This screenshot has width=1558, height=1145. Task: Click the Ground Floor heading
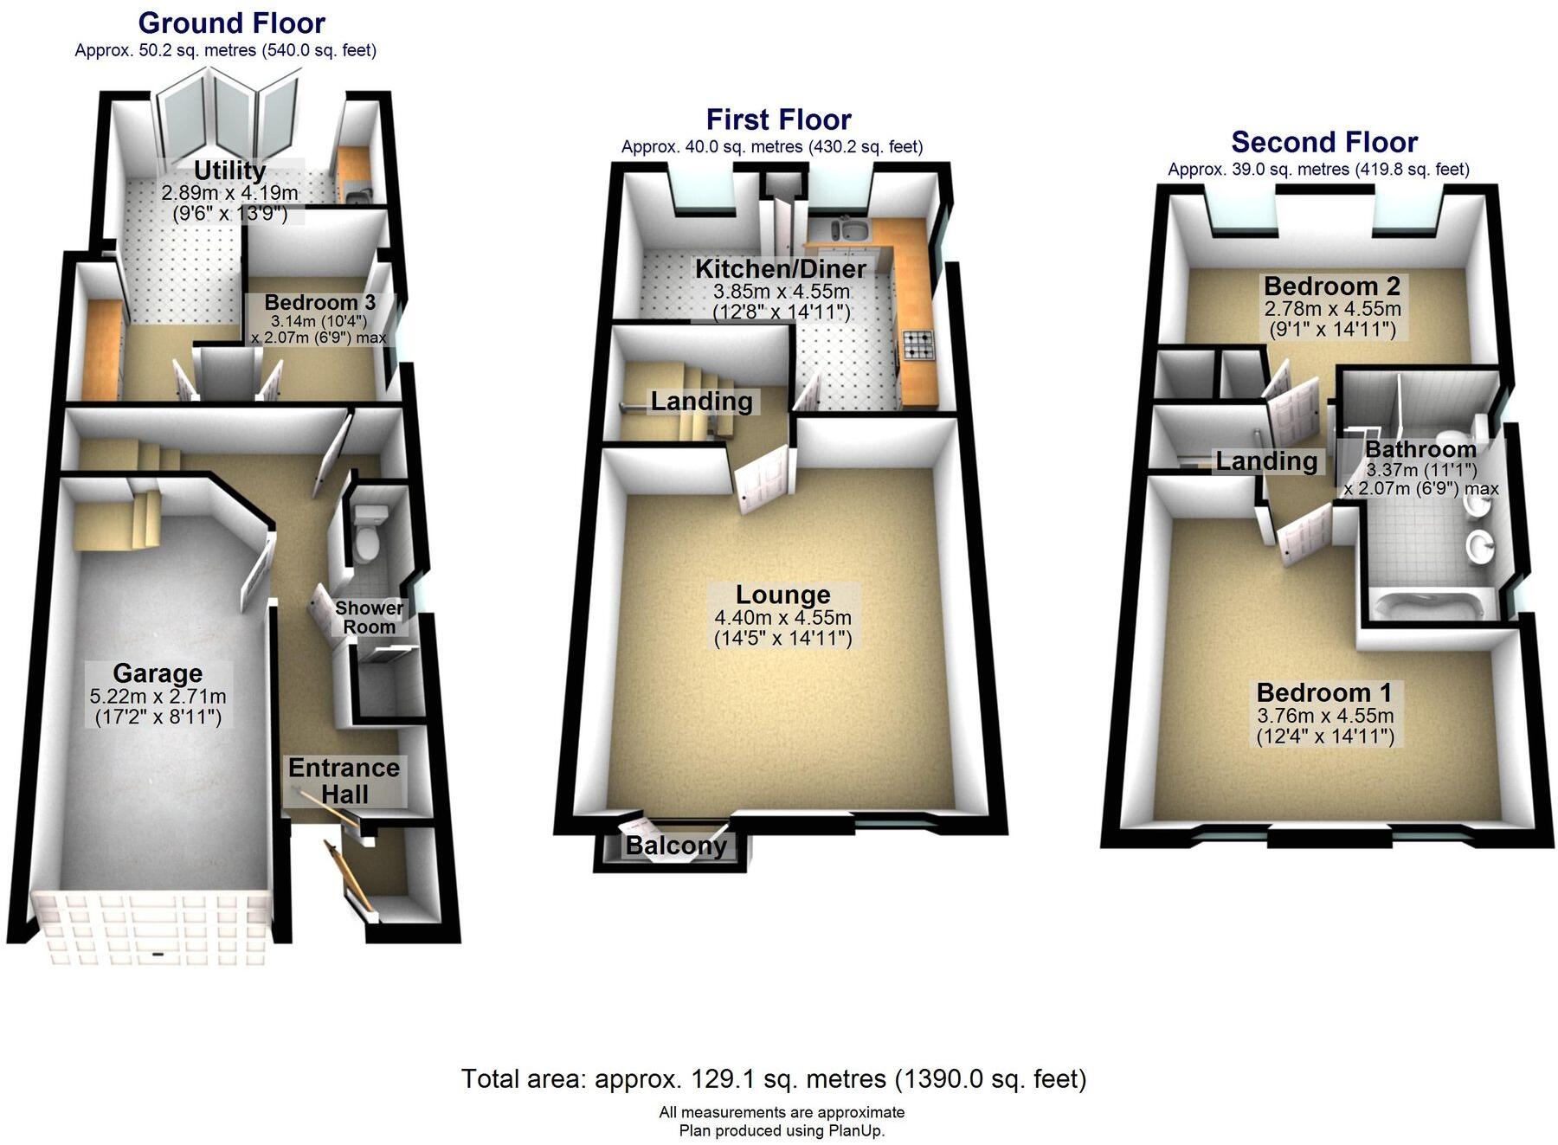coord(231,23)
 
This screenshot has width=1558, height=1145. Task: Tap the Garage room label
coord(158,673)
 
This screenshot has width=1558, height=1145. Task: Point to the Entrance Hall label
coord(344,781)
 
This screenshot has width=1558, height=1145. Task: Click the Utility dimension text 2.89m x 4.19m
coord(229,192)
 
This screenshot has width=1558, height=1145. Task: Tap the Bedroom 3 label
coord(319,303)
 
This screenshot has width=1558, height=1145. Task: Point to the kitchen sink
coord(848,230)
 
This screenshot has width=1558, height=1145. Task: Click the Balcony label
coord(676,846)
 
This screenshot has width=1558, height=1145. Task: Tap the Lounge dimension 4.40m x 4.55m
coord(782,618)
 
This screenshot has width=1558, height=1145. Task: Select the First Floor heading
coord(778,119)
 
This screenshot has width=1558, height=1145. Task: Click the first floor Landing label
coord(701,401)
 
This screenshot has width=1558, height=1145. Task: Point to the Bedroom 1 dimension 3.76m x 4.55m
coord(1324,716)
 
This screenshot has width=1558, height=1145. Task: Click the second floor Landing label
coord(1265,461)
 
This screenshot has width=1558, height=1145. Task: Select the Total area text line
coord(773,1079)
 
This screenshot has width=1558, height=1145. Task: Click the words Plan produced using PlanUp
coord(782,1130)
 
